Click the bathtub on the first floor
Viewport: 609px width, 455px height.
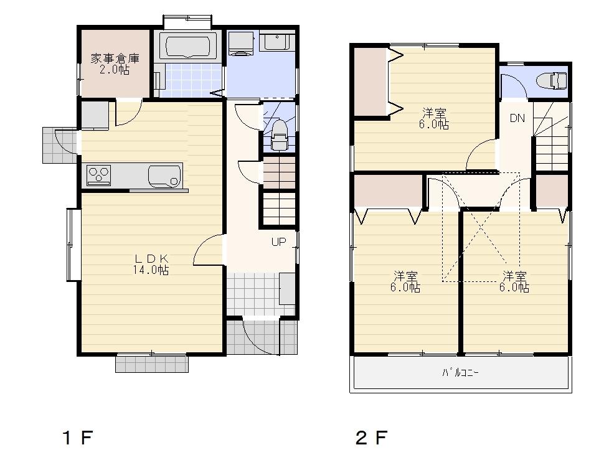[x=187, y=46]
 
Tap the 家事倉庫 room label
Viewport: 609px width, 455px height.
[x=115, y=64]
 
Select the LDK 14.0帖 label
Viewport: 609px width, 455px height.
[x=150, y=265]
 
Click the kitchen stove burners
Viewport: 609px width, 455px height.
[x=98, y=175]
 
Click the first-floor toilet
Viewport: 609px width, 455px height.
[x=279, y=136]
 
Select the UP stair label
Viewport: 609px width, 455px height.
[x=278, y=242]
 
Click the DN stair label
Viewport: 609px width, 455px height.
[x=517, y=118]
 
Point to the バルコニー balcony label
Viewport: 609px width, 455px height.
[x=461, y=373]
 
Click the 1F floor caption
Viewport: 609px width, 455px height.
[x=77, y=438]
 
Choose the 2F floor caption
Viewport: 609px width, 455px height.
[x=371, y=438]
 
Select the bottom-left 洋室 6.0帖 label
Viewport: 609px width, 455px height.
[x=405, y=281]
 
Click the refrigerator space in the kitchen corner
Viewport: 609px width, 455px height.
[x=95, y=115]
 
